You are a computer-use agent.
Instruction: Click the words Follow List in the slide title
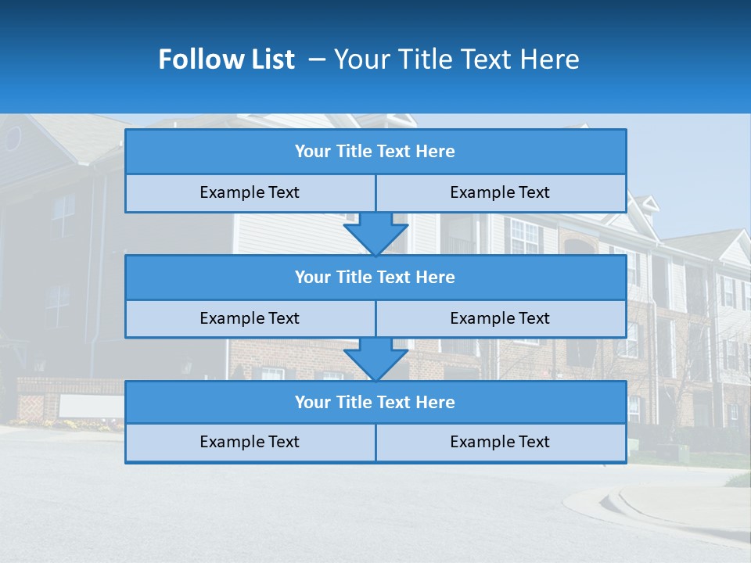[226, 59]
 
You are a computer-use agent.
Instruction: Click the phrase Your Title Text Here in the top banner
[457, 59]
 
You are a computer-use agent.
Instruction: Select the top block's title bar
[375, 152]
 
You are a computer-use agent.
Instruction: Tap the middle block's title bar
[375, 277]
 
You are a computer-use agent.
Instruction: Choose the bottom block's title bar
[375, 402]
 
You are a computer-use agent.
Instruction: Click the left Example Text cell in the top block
[250, 192]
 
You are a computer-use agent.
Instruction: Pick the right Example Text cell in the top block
[500, 192]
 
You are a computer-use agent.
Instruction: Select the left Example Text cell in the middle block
[250, 318]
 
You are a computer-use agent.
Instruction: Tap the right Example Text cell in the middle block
[500, 318]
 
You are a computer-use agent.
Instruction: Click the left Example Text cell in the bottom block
[250, 442]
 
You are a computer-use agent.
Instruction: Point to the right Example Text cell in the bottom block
[500, 442]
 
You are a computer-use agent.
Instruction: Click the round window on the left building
[13, 138]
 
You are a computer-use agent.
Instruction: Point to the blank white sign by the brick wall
[91, 406]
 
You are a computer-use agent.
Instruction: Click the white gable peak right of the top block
[646, 205]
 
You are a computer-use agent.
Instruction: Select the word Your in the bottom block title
[312, 402]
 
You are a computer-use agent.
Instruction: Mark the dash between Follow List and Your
[317, 59]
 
